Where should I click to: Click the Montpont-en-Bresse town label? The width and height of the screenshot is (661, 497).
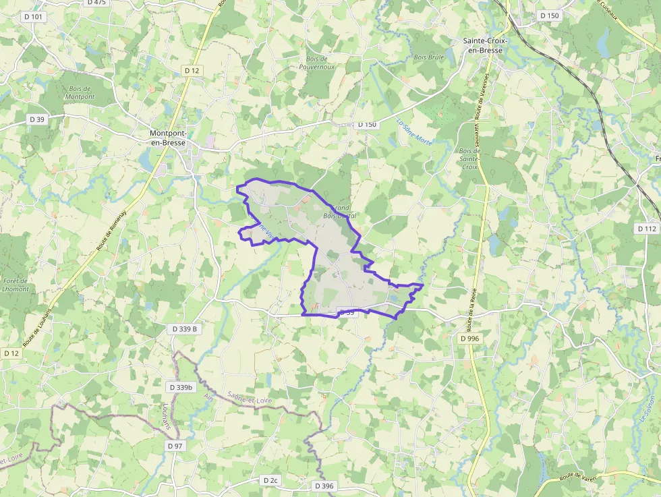pyautogui.click(x=168, y=138)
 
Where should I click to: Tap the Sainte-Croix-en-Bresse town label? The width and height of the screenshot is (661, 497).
pyautogui.click(x=485, y=45)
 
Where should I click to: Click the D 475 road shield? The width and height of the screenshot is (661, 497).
pyautogui.click(x=97, y=3)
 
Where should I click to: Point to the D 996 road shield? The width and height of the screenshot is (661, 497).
pyautogui.click(x=470, y=339)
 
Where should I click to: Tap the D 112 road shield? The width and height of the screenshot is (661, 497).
pyautogui.click(x=647, y=229)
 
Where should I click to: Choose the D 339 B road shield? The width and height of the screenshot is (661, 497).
pyautogui.click(x=185, y=329)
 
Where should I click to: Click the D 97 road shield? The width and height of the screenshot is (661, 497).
pyautogui.click(x=175, y=446)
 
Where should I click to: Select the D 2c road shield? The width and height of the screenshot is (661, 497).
pyautogui.click(x=270, y=480)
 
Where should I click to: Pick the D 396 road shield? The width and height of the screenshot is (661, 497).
pyautogui.click(x=324, y=486)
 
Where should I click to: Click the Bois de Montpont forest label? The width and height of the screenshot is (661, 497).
pyautogui.click(x=80, y=92)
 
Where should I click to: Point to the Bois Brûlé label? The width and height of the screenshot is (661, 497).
pyautogui.click(x=429, y=57)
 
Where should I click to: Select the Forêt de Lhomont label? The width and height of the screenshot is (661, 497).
pyautogui.click(x=16, y=285)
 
